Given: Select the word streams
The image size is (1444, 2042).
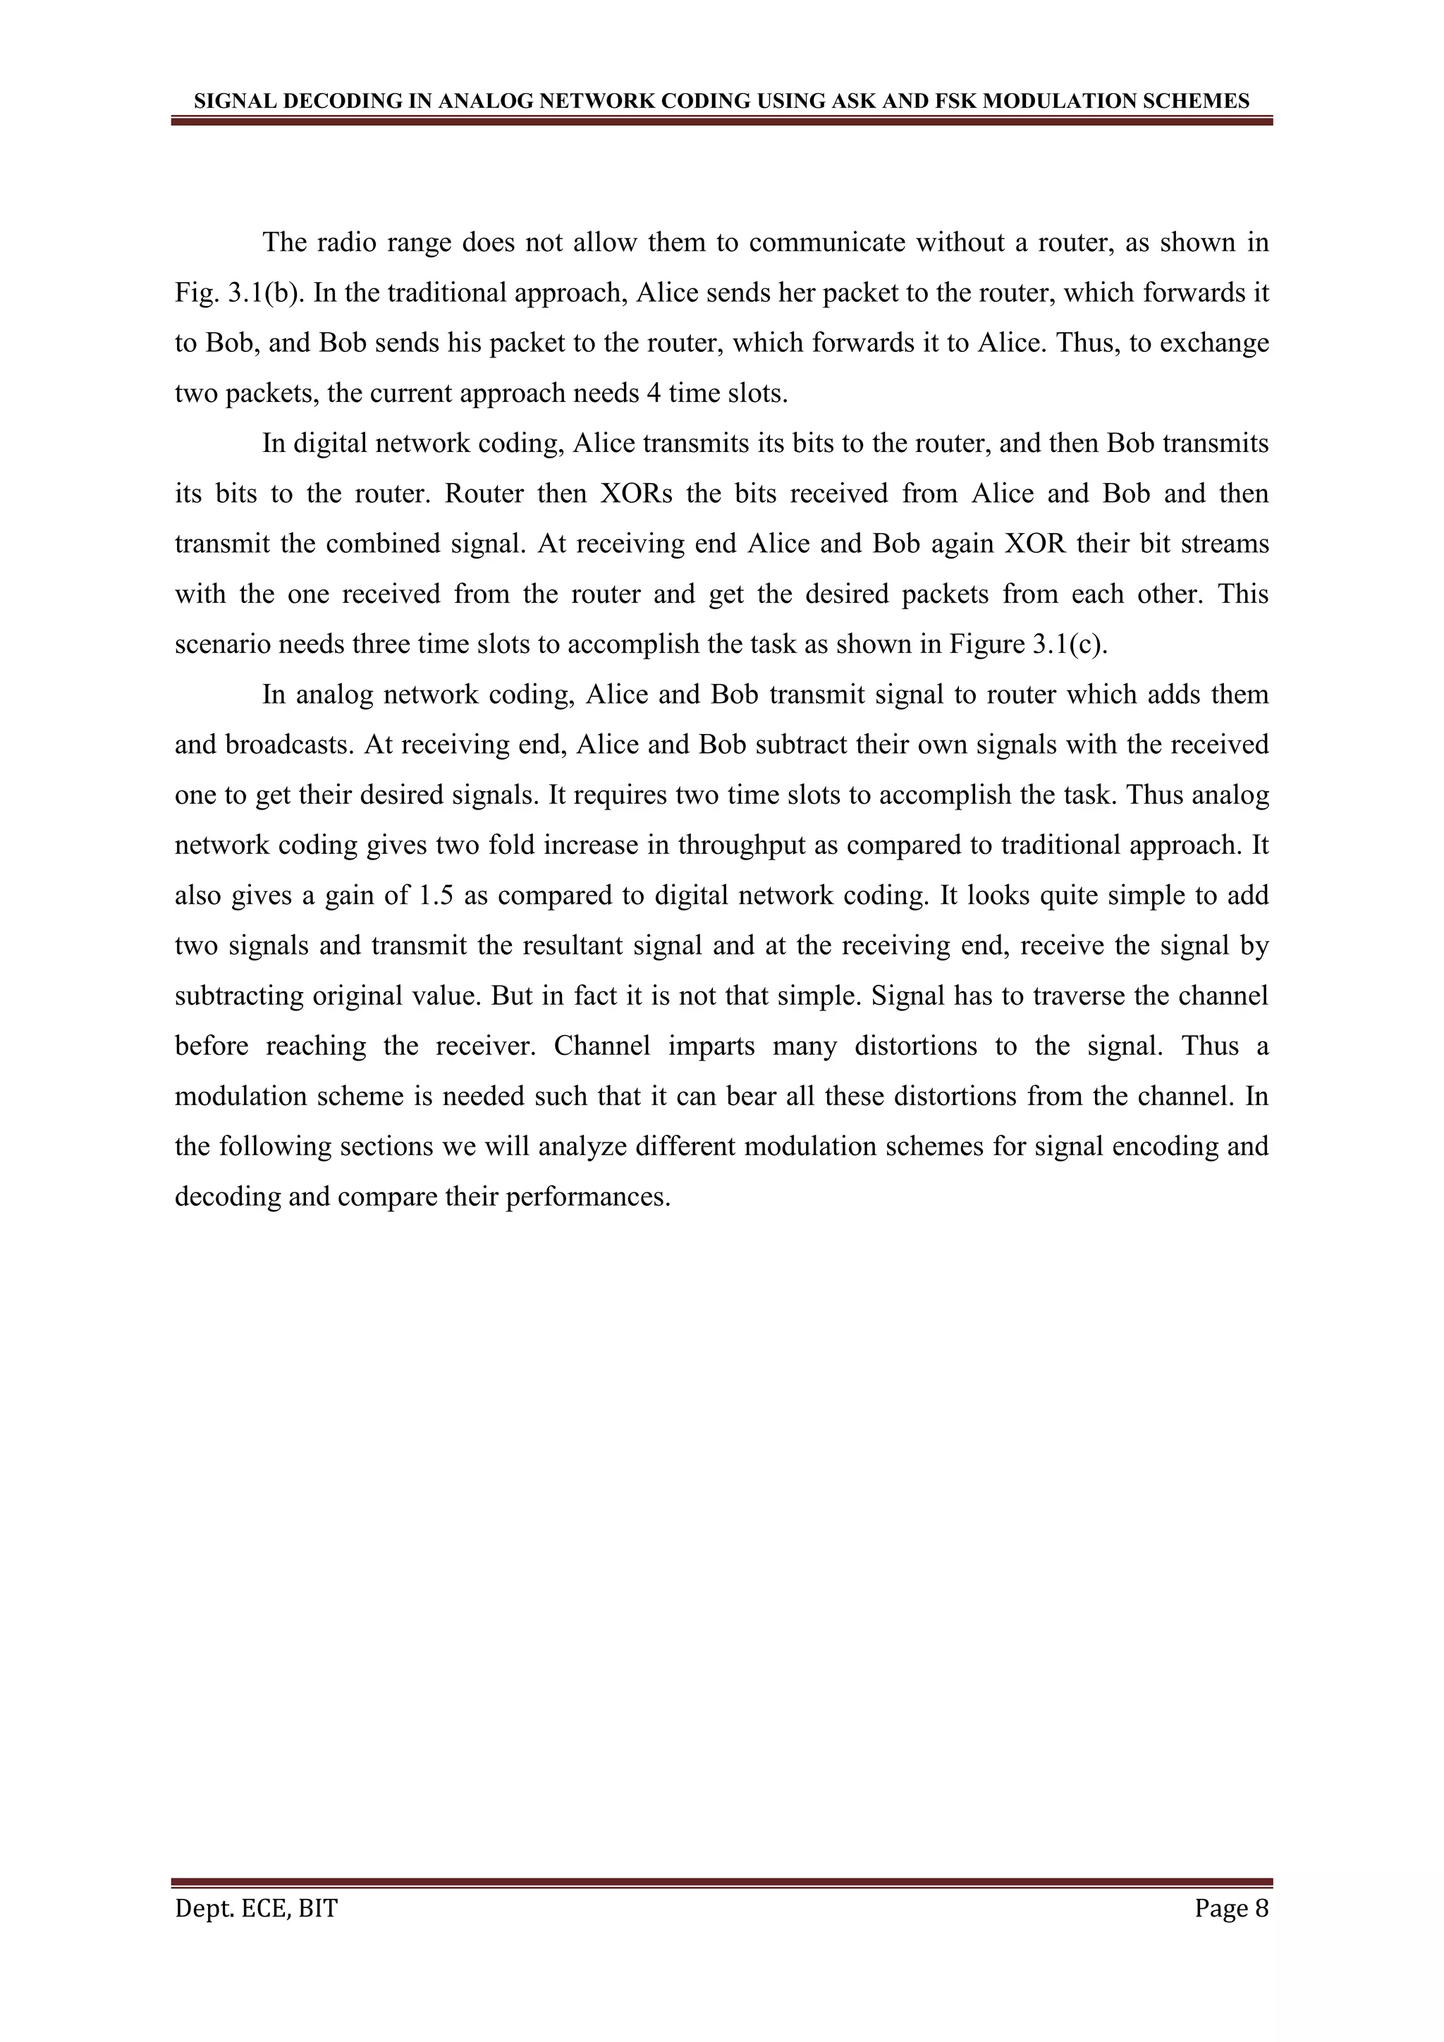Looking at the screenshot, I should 1225,544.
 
